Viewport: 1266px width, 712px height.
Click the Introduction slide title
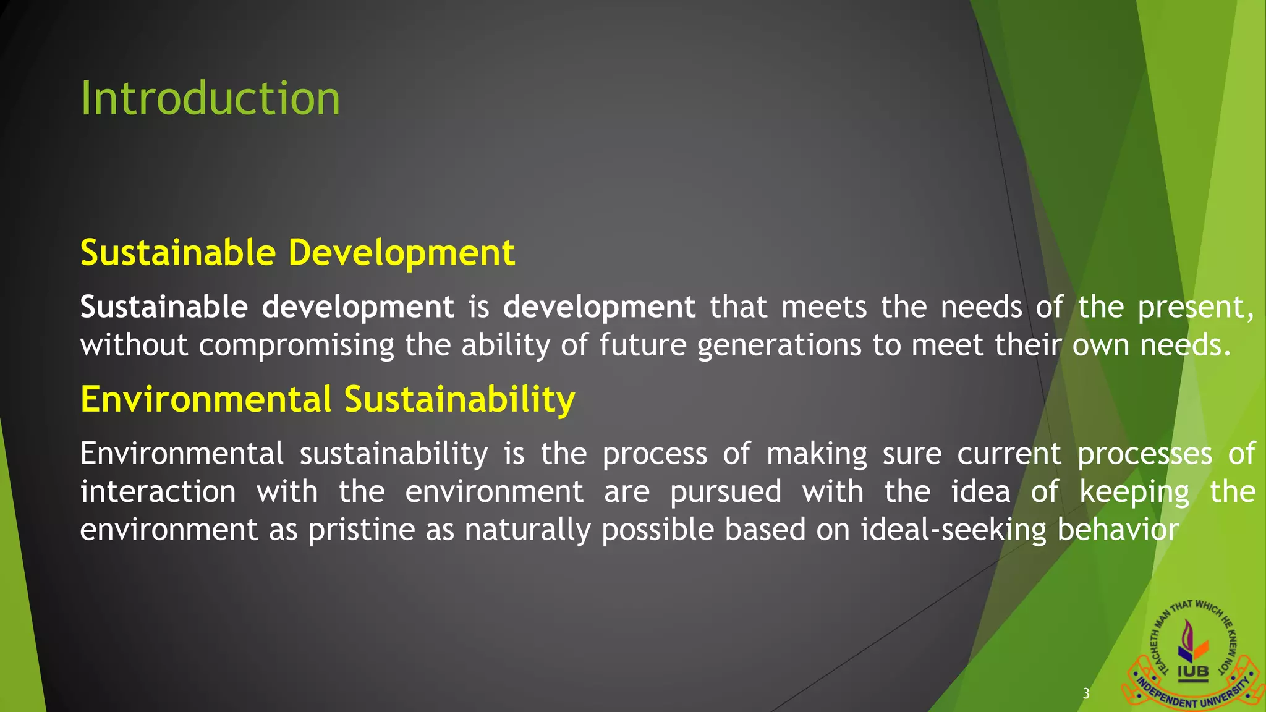(x=210, y=99)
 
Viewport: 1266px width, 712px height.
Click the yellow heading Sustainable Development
(x=297, y=253)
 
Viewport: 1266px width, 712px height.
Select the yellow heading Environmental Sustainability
(x=328, y=399)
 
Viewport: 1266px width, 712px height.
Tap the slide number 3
(x=1086, y=693)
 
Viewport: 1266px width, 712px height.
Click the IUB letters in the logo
(x=1192, y=671)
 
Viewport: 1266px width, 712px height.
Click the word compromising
(x=296, y=345)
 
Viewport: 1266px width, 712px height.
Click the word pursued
(x=726, y=493)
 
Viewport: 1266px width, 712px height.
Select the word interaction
(x=158, y=493)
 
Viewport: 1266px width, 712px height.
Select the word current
(x=1009, y=454)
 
